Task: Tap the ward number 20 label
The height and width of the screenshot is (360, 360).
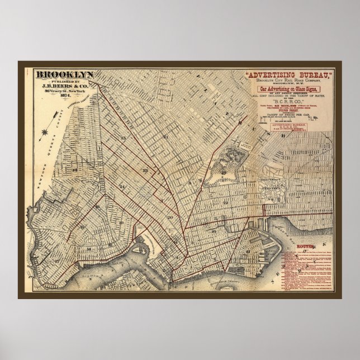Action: [169, 217]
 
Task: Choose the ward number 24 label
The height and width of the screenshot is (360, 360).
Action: [123, 187]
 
